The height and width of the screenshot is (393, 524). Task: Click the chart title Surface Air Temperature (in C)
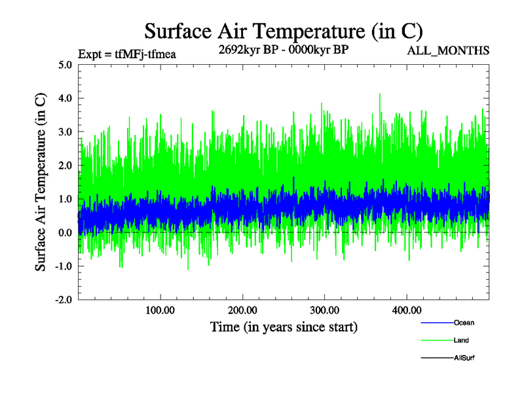pyautogui.click(x=284, y=31)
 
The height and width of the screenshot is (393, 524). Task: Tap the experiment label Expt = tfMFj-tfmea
pyautogui.click(x=127, y=54)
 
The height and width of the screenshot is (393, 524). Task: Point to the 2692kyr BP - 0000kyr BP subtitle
pyautogui.click(x=284, y=49)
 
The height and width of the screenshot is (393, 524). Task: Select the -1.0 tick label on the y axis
pyautogui.click(x=64, y=266)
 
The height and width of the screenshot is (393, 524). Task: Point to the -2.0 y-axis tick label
pyautogui.click(x=64, y=299)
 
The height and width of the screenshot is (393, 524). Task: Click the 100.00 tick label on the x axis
pyautogui.click(x=160, y=310)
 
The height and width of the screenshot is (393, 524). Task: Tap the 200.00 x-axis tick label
pyautogui.click(x=242, y=310)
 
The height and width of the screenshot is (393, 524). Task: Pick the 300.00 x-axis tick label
pyautogui.click(x=324, y=310)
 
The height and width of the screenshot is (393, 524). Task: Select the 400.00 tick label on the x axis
pyautogui.click(x=406, y=310)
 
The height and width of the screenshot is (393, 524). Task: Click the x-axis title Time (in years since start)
pyautogui.click(x=284, y=326)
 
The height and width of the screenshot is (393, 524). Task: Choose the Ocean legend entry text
pyautogui.click(x=464, y=323)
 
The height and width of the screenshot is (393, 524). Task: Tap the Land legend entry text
pyautogui.click(x=461, y=341)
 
